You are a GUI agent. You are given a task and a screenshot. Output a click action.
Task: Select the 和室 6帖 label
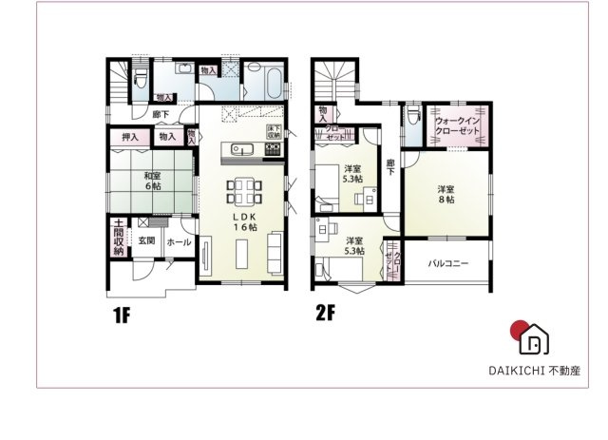152,181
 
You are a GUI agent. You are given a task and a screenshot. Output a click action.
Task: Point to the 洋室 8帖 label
446,194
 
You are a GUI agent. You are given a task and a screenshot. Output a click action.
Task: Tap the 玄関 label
146,241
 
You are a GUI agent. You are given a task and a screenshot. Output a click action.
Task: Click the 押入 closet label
130,138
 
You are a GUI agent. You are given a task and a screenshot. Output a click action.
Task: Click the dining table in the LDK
244,191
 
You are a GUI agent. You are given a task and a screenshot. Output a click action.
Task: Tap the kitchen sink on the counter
240,148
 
